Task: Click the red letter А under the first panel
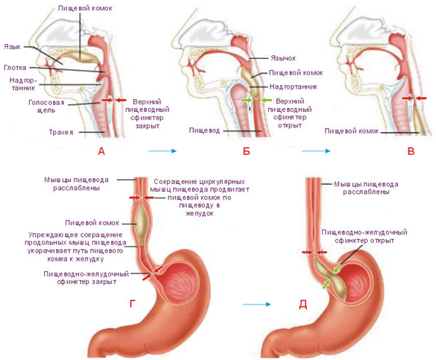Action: pyautogui.click(x=101, y=151)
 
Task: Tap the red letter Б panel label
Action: pyautogui.click(x=247, y=151)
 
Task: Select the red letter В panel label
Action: pyautogui.click(x=411, y=151)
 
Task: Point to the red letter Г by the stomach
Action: pyautogui.click(x=133, y=303)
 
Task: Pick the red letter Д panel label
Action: pyautogui.click(x=303, y=305)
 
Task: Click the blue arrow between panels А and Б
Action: pyautogui.click(x=162, y=151)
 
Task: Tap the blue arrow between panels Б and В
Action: pyautogui.click(x=316, y=151)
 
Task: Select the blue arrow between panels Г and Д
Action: pyautogui.click(x=256, y=304)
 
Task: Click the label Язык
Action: pyautogui.click(x=12, y=47)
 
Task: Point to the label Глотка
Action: pyautogui.click(x=16, y=68)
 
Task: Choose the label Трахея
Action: pyautogui.click(x=61, y=132)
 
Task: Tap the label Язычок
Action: pyautogui.click(x=283, y=58)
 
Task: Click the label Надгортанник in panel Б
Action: pyautogui.click(x=294, y=86)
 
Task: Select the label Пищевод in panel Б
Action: pyautogui.click(x=204, y=130)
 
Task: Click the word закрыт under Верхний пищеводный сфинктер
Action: pyautogui.click(x=148, y=126)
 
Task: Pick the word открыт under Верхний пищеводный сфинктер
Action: pyautogui.click(x=290, y=125)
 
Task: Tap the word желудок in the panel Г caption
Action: pyautogui.click(x=200, y=213)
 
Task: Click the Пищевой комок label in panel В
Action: pyautogui.click(x=352, y=131)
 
